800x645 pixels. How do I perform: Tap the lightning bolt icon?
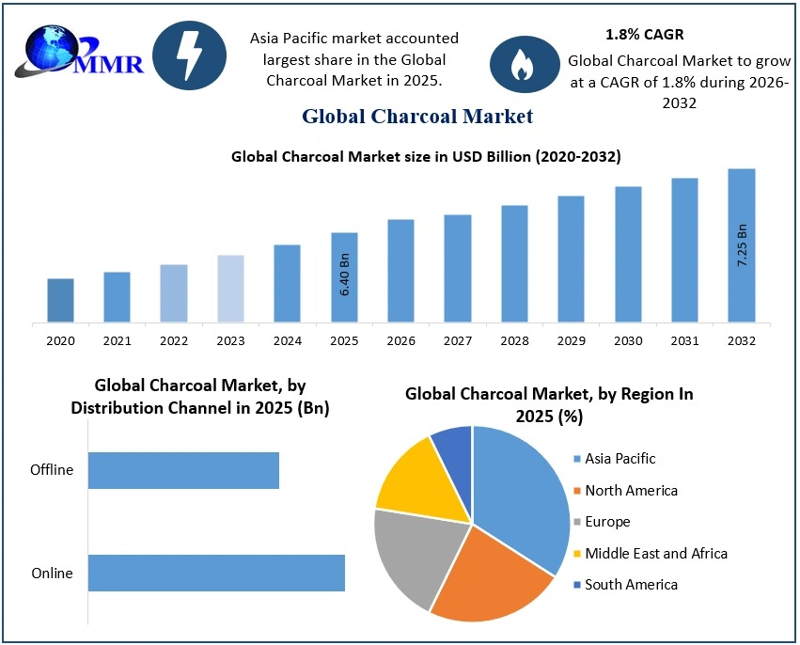pos(189,55)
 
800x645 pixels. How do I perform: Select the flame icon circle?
pos(520,63)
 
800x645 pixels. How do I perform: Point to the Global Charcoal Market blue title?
pos(417,117)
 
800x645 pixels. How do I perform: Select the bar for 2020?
pos(60,300)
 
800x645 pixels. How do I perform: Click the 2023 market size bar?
pos(230,288)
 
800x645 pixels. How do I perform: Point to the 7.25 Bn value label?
pos(741,246)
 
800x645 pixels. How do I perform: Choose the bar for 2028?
pos(514,263)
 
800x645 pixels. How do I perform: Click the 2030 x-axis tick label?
pos(628,340)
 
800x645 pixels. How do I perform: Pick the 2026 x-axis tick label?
pos(400,340)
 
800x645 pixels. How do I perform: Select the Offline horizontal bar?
pos(183,470)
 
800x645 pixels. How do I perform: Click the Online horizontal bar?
pos(216,574)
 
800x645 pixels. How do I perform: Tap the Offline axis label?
pos(52,470)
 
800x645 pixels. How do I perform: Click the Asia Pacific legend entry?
pos(620,459)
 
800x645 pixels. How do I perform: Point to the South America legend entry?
pos(631,585)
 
